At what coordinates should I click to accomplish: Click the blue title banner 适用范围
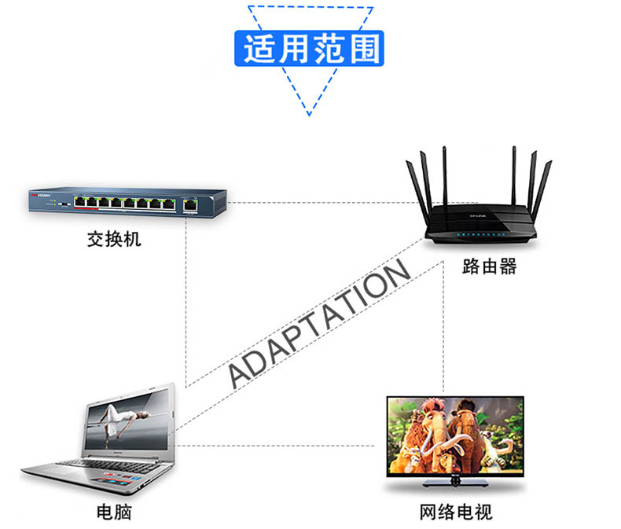310,49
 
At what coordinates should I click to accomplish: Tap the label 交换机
114,239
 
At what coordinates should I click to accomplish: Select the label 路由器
489,266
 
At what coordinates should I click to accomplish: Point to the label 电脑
114,513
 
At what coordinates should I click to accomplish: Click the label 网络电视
456,513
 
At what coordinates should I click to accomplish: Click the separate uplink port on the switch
189,204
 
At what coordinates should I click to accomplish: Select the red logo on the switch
37,193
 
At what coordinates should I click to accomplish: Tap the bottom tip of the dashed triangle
310,113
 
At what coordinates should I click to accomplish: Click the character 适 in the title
259,49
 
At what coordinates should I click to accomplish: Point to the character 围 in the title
363,49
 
